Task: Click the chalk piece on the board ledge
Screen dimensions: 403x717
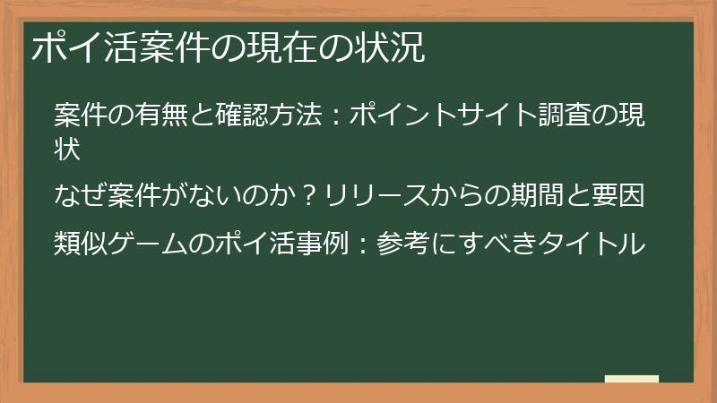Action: click(632, 379)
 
